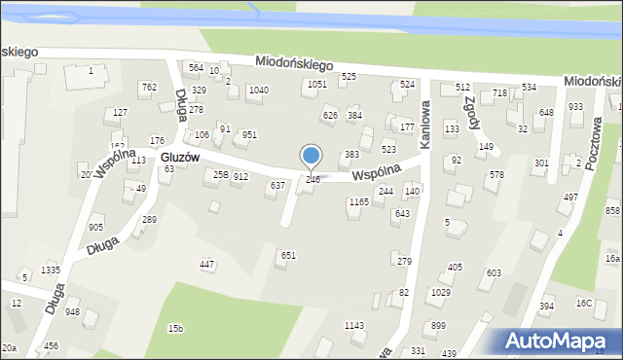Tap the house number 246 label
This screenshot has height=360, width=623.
[x=312, y=180]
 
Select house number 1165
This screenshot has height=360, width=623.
[x=359, y=202]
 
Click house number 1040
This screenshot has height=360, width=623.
[x=258, y=90]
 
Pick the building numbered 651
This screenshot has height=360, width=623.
[x=288, y=255]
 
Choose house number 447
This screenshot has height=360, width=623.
[x=206, y=265]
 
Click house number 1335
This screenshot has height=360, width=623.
[x=51, y=270]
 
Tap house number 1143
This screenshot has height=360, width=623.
[x=354, y=326]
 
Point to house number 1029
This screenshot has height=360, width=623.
[x=440, y=292]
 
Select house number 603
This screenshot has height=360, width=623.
[x=494, y=273]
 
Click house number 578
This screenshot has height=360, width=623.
[x=496, y=175]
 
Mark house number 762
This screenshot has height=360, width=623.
[x=148, y=88]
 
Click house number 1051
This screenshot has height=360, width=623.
[x=316, y=85]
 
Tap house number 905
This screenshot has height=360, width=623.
[x=95, y=228]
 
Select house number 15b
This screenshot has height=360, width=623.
[x=175, y=329]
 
